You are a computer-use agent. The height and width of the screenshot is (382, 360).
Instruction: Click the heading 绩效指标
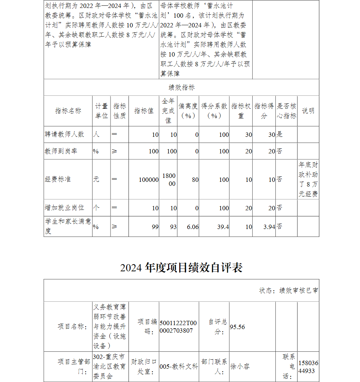[x=181, y=87]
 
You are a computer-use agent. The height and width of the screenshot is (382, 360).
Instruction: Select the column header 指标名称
[x=68, y=111]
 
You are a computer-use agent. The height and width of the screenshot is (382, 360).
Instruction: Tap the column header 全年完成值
[x=168, y=111]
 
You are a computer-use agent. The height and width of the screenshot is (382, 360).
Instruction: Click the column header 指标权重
[x=241, y=111]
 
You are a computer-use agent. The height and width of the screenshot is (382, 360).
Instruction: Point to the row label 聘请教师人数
[x=64, y=134]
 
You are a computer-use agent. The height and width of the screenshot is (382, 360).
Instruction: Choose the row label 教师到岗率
[x=61, y=151]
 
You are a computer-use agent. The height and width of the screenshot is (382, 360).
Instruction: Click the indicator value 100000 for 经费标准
[x=149, y=180]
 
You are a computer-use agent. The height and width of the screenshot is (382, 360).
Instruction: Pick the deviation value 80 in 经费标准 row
[x=195, y=180]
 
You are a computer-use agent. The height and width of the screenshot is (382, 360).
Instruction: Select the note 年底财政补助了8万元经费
[x=308, y=180]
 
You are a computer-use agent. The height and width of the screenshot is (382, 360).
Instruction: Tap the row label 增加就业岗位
[x=64, y=208]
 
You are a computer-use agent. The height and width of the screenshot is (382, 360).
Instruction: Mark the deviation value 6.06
[x=193, y=227]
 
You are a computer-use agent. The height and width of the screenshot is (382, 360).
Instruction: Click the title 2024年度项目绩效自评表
[x=181, y=268]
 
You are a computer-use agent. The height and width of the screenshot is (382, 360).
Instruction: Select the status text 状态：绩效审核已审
[x=288, y=291]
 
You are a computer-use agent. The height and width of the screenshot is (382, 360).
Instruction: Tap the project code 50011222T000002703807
[x=178, y=327]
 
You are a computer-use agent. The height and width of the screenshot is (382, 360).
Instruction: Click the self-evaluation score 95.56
[x=237, y=327]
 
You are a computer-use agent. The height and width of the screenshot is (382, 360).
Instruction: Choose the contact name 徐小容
[x=240, y=367]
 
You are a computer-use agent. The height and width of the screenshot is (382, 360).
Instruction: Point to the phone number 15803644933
[x=308, y=367]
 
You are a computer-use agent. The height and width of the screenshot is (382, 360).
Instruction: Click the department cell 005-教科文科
[x=179, y=367]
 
